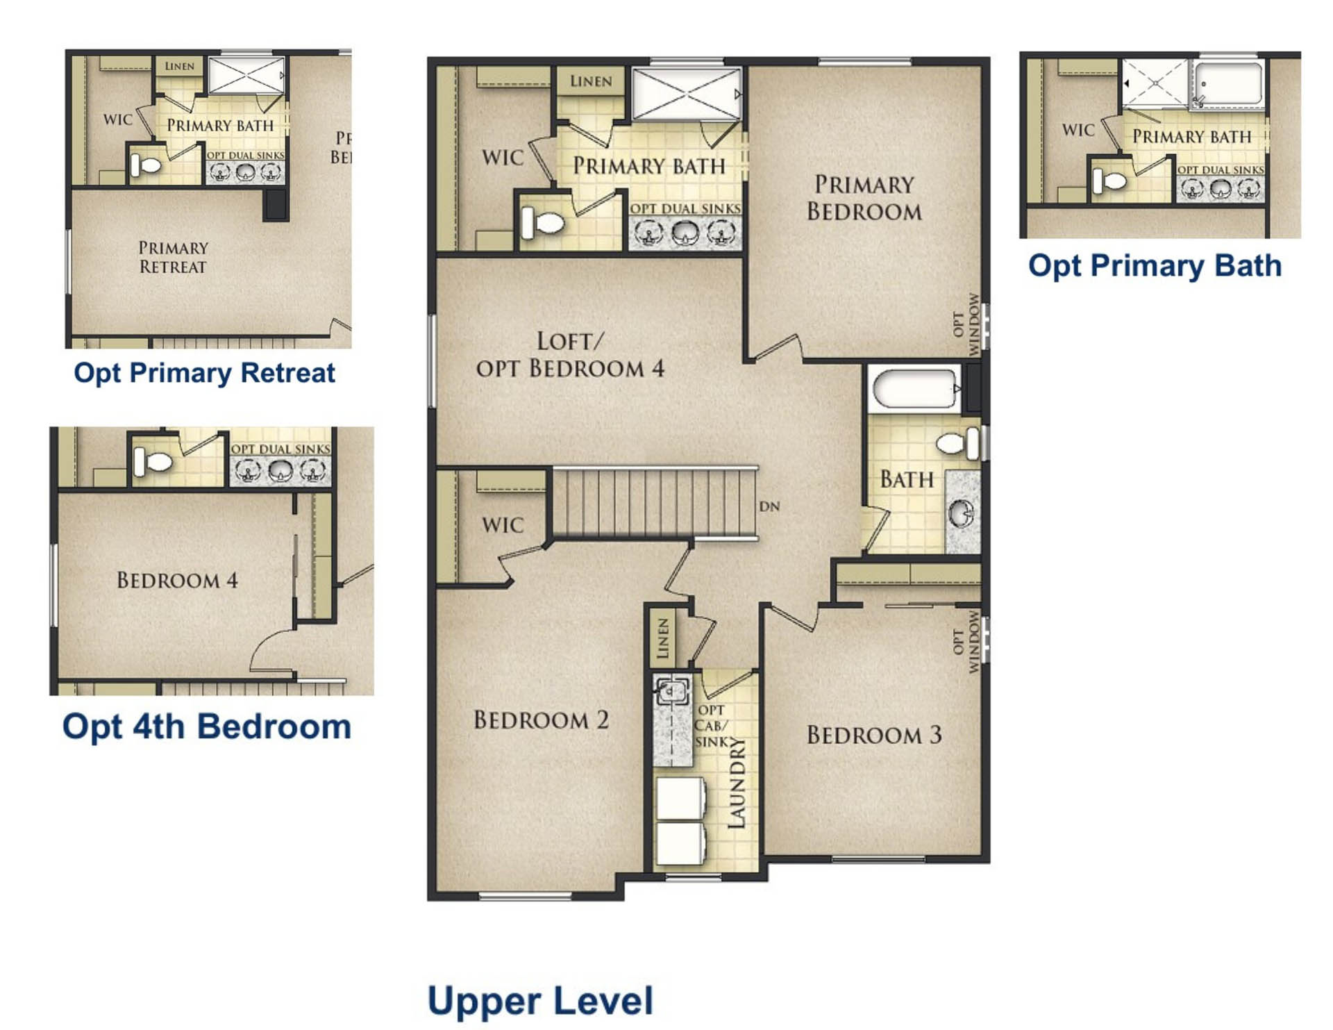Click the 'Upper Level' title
click(540, 1001)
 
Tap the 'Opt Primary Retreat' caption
click(204, 373)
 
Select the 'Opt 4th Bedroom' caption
click(207, 727)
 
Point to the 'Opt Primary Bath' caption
click(1155, 266)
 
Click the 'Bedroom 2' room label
click(541, 720)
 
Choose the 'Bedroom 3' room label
click(874, 735)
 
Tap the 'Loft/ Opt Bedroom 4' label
click(570, 355)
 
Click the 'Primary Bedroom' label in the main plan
click(864, 198)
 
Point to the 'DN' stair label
click(769, 506)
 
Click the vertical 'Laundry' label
click(736, 783)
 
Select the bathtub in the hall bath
click(915, 389)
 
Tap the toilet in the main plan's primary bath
click(542, 222)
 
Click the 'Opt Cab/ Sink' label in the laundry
click(712, 726)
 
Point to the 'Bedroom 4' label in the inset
click(177, 580)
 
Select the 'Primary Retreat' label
click(173, 257)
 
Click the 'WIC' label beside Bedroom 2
click(503, 525)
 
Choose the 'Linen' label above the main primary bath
click(591, 81)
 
